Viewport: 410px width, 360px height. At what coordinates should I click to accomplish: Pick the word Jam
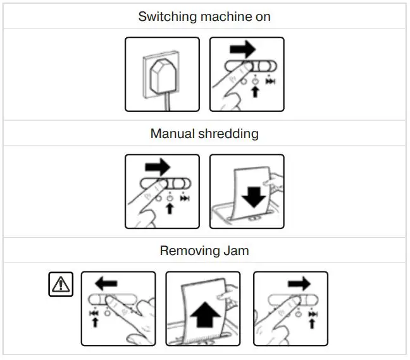pyautogui.click(x=236, y=251)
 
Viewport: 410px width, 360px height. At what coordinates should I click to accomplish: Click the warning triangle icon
pyautogui.click(x=61, y=284)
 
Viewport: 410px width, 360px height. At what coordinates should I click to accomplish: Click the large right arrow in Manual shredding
pyautogui.click(x=158, y=167)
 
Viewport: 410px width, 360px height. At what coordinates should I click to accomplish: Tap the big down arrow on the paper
pyautogui.click(x=254, y=197)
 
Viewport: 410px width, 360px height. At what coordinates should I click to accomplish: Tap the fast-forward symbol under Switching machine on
pyautogui.click(x=270, y=82)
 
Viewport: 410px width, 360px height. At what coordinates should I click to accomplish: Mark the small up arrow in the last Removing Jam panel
pyautogui.click(x=311, y=324)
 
